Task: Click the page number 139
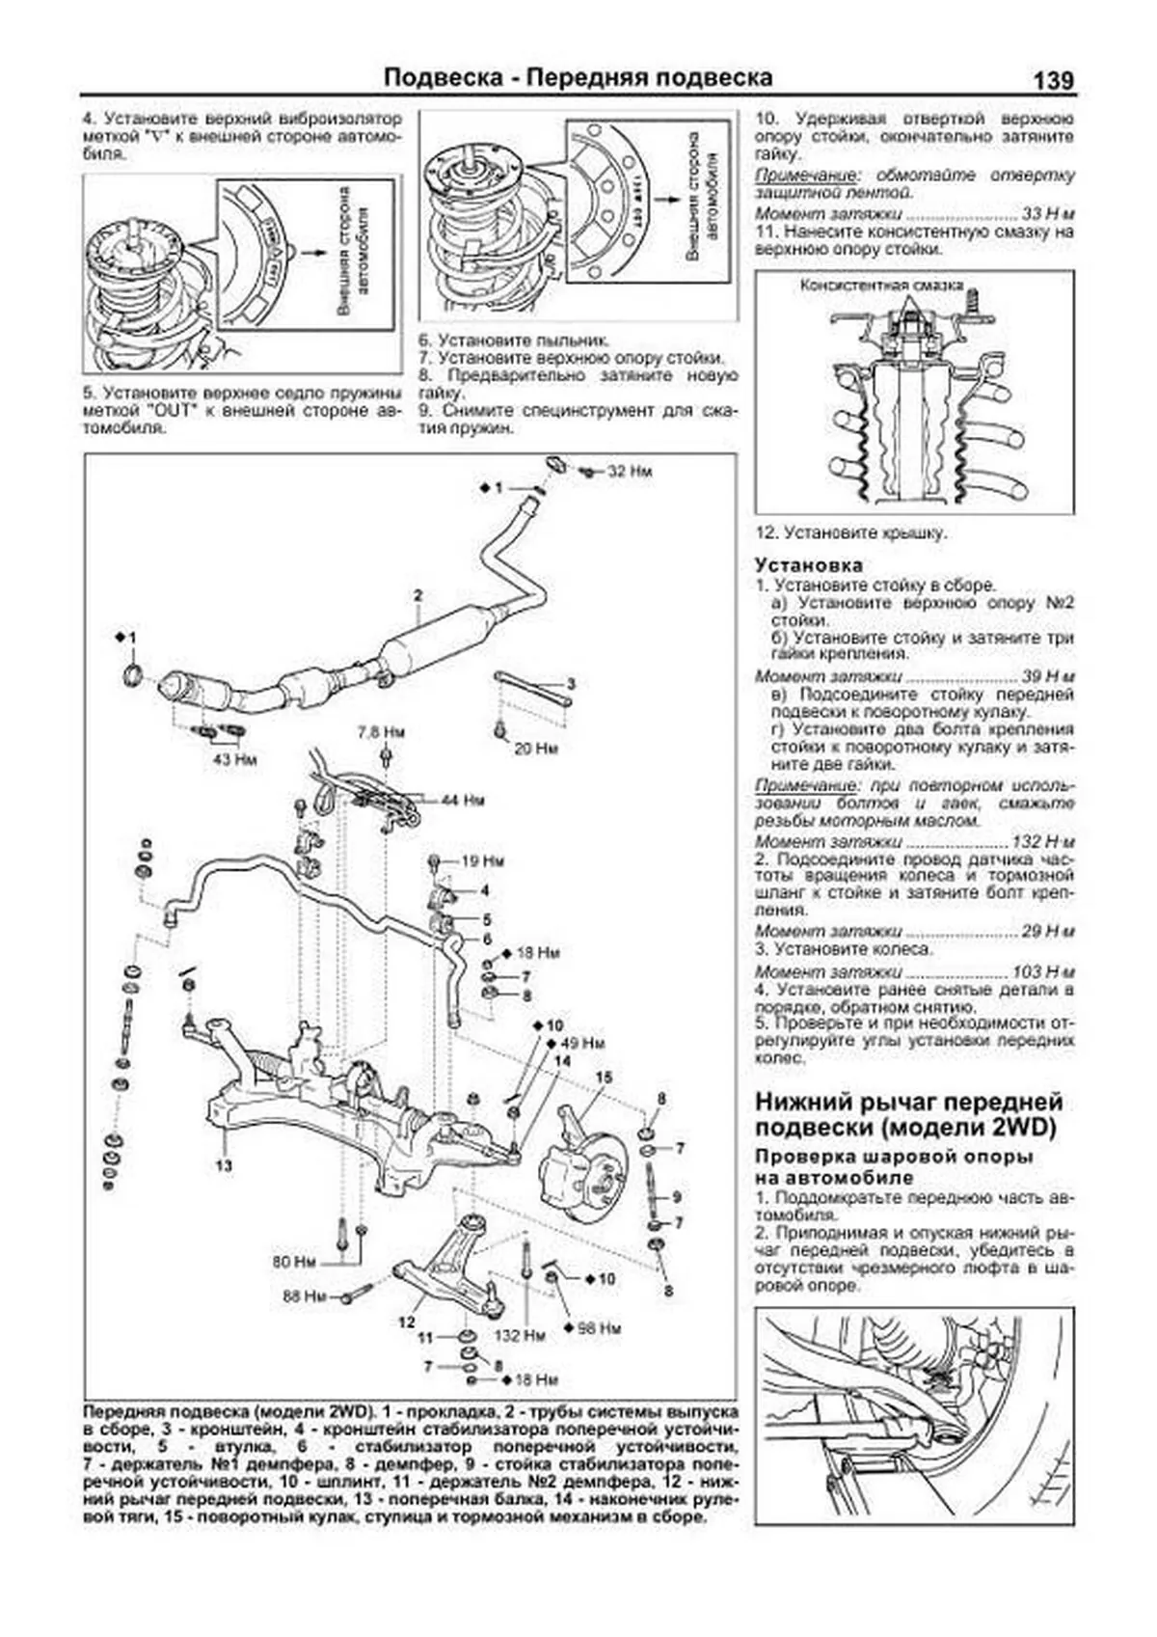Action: click(x=1052, y=80)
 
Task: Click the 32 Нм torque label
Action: click(x=630, y=472)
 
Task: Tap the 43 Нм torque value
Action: click(x=235, y=759)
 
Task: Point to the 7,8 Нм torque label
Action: click(x=381, y=732)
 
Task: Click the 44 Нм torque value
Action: click(x=462, y=801)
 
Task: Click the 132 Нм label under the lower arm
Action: click(x=520, y=1336)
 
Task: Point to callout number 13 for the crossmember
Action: click(x=224, y=1165)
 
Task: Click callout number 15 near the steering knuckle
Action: click(x=604, y=1078)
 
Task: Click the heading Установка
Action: click(x=808, y=565)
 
